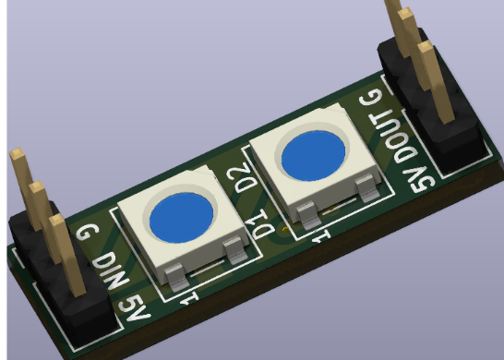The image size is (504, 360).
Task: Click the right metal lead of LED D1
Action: pyautogui.click(x=237, y=252)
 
